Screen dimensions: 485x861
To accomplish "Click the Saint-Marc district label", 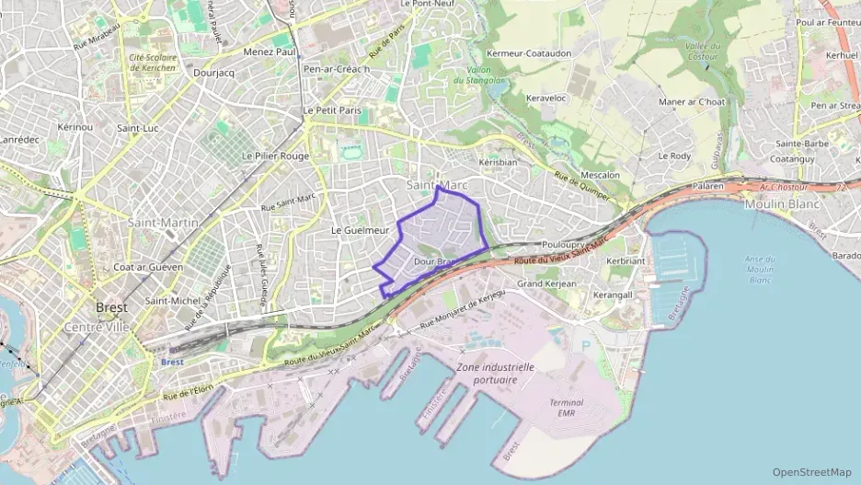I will click(437, 186).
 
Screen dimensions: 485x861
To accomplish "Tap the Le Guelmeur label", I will click(361, 229).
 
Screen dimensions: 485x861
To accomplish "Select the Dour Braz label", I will click(435, 262).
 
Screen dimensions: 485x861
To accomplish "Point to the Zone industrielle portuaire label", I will click(495, 372).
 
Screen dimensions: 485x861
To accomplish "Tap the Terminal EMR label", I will click(566, 408).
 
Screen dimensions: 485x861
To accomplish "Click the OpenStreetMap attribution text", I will click(812, 472).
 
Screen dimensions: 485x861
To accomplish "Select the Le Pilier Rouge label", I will click(275, 156).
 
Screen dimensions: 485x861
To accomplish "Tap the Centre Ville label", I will click(97, 327).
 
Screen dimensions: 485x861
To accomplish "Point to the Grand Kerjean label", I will click(546, 284).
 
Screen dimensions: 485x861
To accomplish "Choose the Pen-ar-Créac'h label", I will click(336, 69).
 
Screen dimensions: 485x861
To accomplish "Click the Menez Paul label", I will click(269, 52).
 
